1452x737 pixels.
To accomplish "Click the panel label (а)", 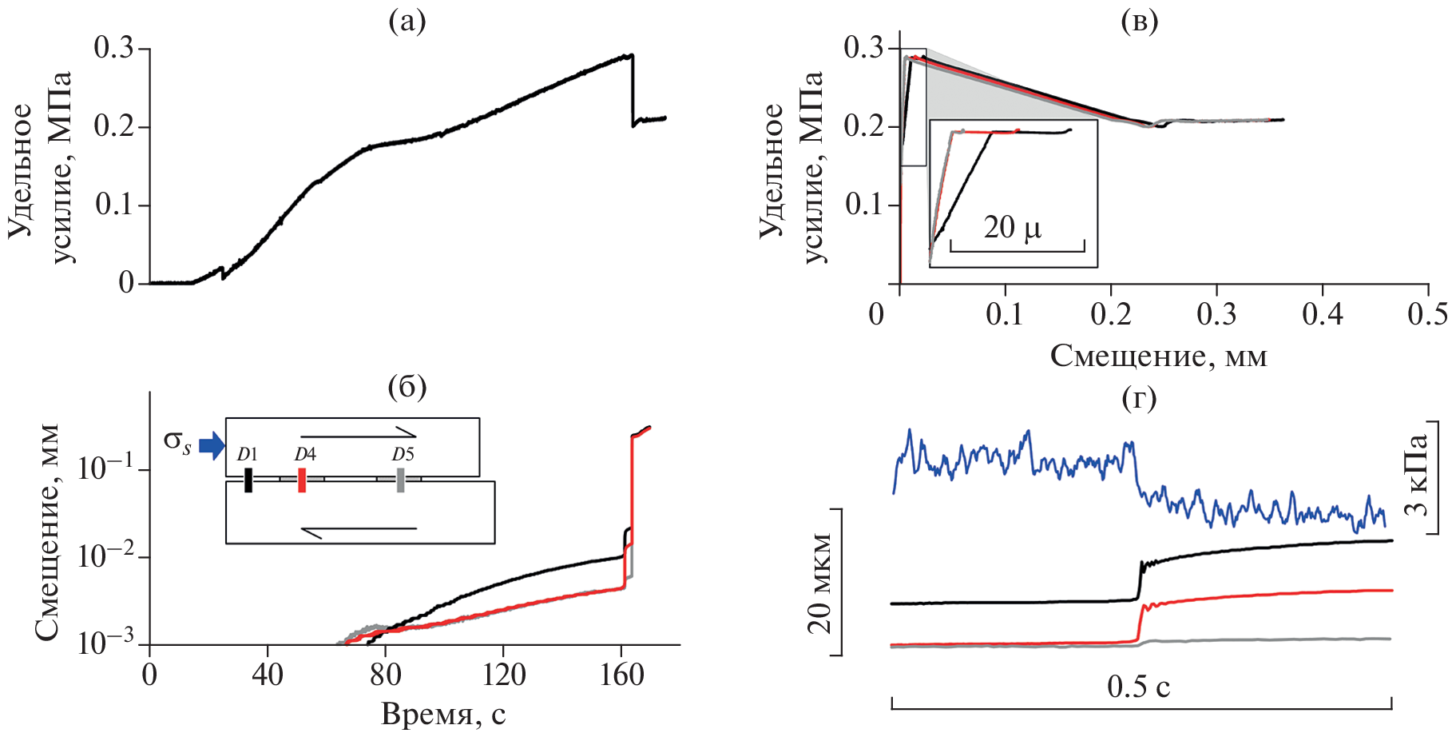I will point(407,22).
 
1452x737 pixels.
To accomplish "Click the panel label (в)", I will point(1139,22).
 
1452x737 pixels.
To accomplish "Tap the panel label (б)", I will point(407,387).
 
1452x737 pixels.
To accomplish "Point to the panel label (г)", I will point(1139,397).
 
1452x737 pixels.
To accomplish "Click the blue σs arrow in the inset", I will point(212,446).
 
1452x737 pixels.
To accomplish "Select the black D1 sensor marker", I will point(248,480).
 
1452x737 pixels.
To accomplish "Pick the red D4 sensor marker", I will point(302,480).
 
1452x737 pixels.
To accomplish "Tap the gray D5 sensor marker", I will point(400,480).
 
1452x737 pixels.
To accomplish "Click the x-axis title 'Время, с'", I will point(443,714).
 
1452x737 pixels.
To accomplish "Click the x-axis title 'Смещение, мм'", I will point(1158,356).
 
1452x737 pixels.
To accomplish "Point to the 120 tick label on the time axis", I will point(503,676).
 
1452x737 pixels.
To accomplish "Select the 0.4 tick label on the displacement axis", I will point(1322,314).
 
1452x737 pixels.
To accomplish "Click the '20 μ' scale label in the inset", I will point(1012,228).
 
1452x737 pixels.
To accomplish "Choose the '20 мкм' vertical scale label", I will point(820,581).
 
